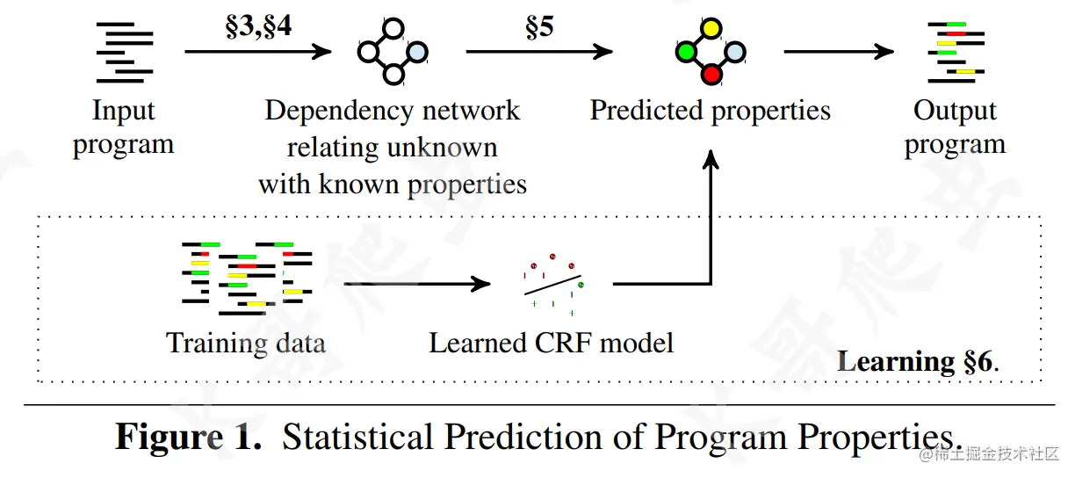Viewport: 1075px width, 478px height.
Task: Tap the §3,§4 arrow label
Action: [x=258, y=25]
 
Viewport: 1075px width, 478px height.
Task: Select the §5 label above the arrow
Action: [x=539, y=26]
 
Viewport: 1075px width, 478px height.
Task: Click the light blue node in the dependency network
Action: [x=419, y=52]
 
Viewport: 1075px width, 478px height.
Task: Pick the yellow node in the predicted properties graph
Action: [x=711, y=29]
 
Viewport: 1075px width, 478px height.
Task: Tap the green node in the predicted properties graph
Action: [x=686, y=52]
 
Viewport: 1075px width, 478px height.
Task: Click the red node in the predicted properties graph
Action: [x=711, y=74]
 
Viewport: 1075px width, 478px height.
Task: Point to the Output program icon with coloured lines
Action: [x=955, y=51]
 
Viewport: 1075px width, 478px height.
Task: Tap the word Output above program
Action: [x=955, y=112]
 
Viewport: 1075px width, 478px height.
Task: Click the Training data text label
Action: [x=245, y=342]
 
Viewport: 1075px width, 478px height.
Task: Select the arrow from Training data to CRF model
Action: [x=416, y=284]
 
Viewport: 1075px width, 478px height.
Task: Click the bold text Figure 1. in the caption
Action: [x=189, y=437]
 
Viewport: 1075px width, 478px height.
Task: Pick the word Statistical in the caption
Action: [x=359, y=437]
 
